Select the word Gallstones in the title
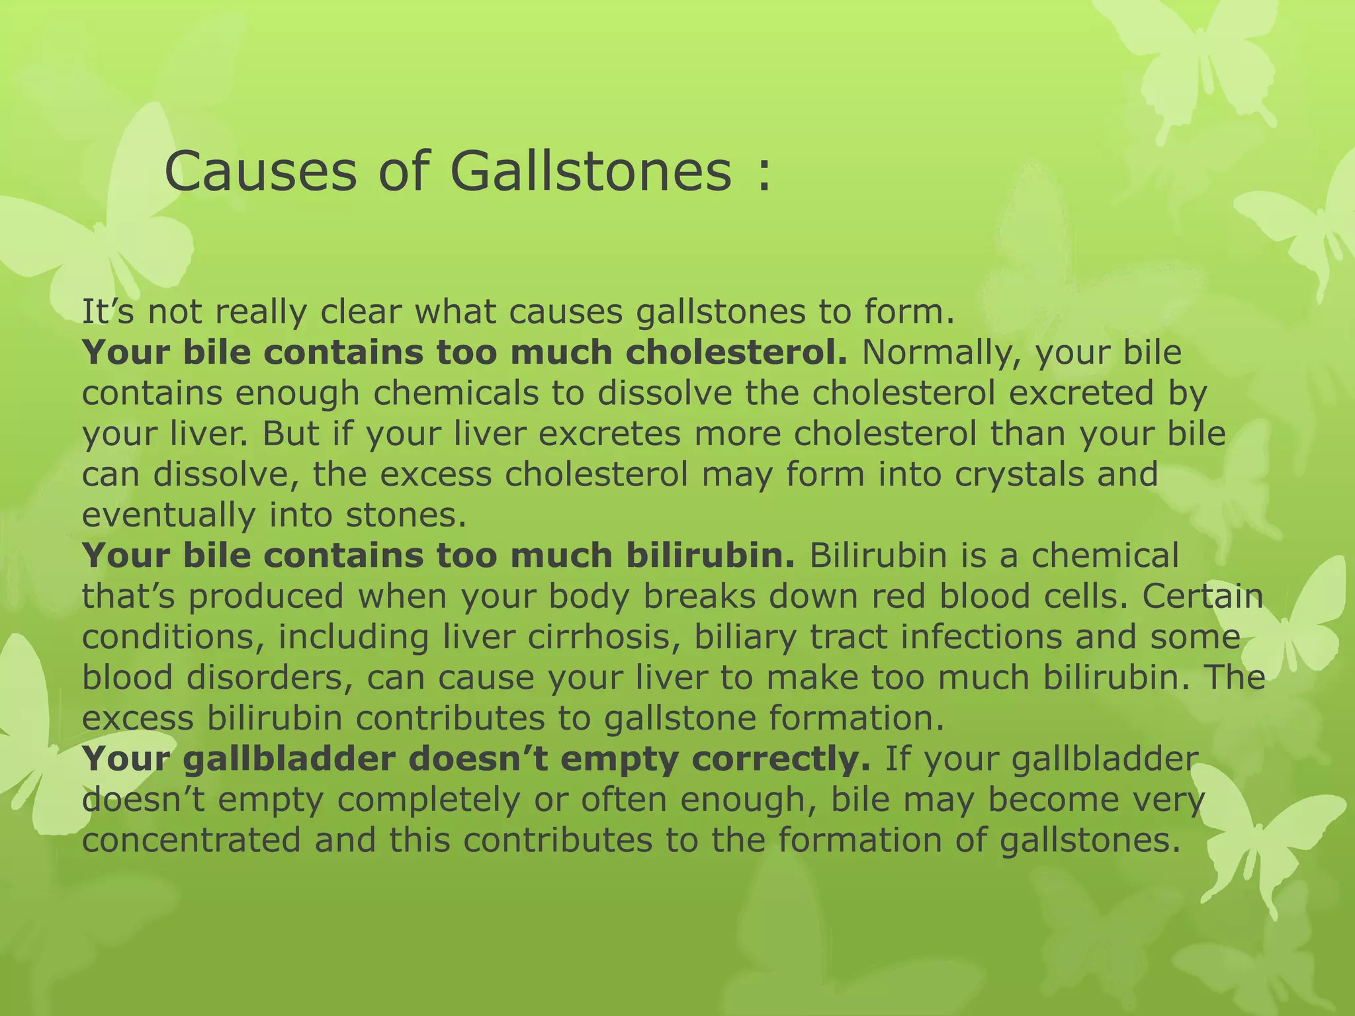(x=591, y=171)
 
